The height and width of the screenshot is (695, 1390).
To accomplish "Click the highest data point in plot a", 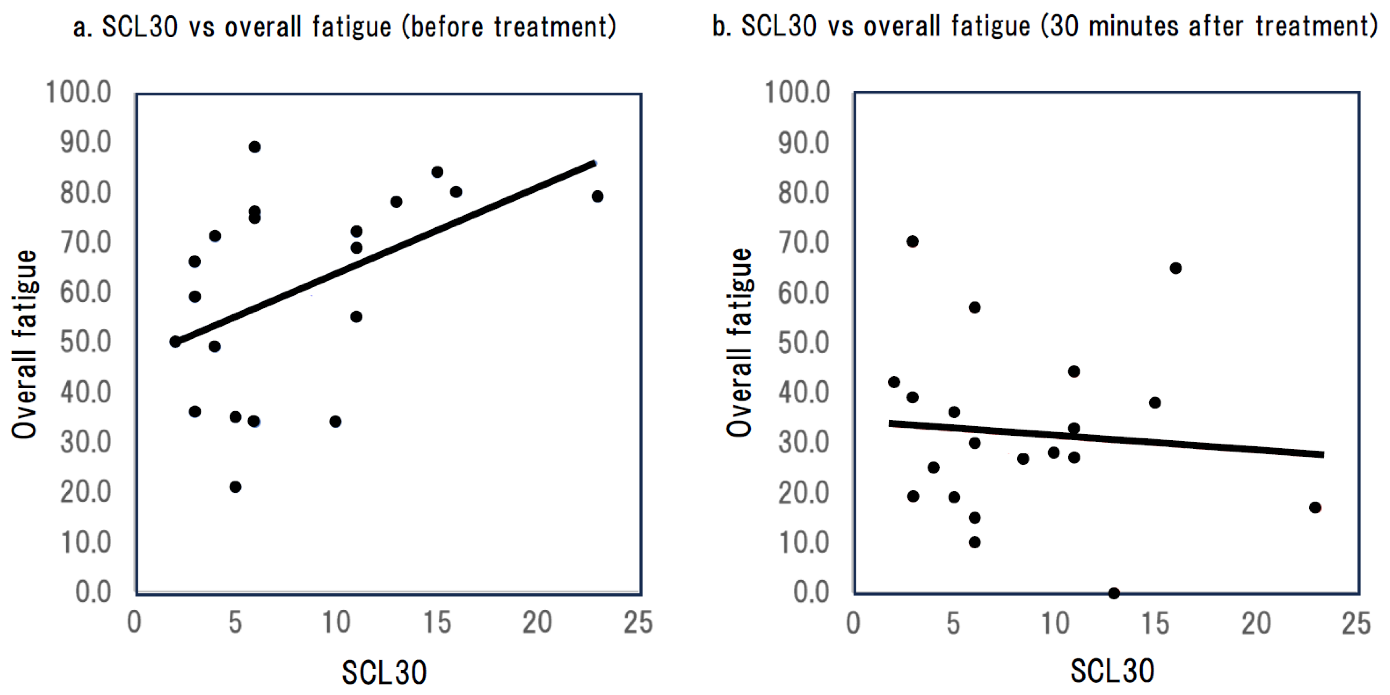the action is pos(255,147).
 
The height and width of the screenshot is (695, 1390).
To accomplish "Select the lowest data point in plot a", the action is pos(235,487).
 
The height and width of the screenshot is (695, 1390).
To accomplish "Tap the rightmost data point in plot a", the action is pos(597,196).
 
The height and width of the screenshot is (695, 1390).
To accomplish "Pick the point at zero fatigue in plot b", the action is pos(1114,593).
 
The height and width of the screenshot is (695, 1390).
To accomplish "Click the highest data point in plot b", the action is pos(912,241).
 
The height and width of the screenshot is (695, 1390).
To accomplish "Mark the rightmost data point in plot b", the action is pos(1315,507).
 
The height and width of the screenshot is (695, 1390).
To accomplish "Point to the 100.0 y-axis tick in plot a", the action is pos(79,92).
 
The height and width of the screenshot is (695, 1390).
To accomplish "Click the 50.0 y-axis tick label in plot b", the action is pos(804,342).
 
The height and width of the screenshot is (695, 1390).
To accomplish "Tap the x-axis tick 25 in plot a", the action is pos(638,622).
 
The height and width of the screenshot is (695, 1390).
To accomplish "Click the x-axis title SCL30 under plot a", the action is pos(384,672).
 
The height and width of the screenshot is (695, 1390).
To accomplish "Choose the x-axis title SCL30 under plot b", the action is pos(1112,671).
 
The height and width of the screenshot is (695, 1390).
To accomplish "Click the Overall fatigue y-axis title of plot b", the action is pos(739,342).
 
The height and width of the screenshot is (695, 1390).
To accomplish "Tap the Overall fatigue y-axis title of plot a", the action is pos(24,344).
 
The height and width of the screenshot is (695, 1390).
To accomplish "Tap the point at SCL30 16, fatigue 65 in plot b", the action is pos(1176,268).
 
